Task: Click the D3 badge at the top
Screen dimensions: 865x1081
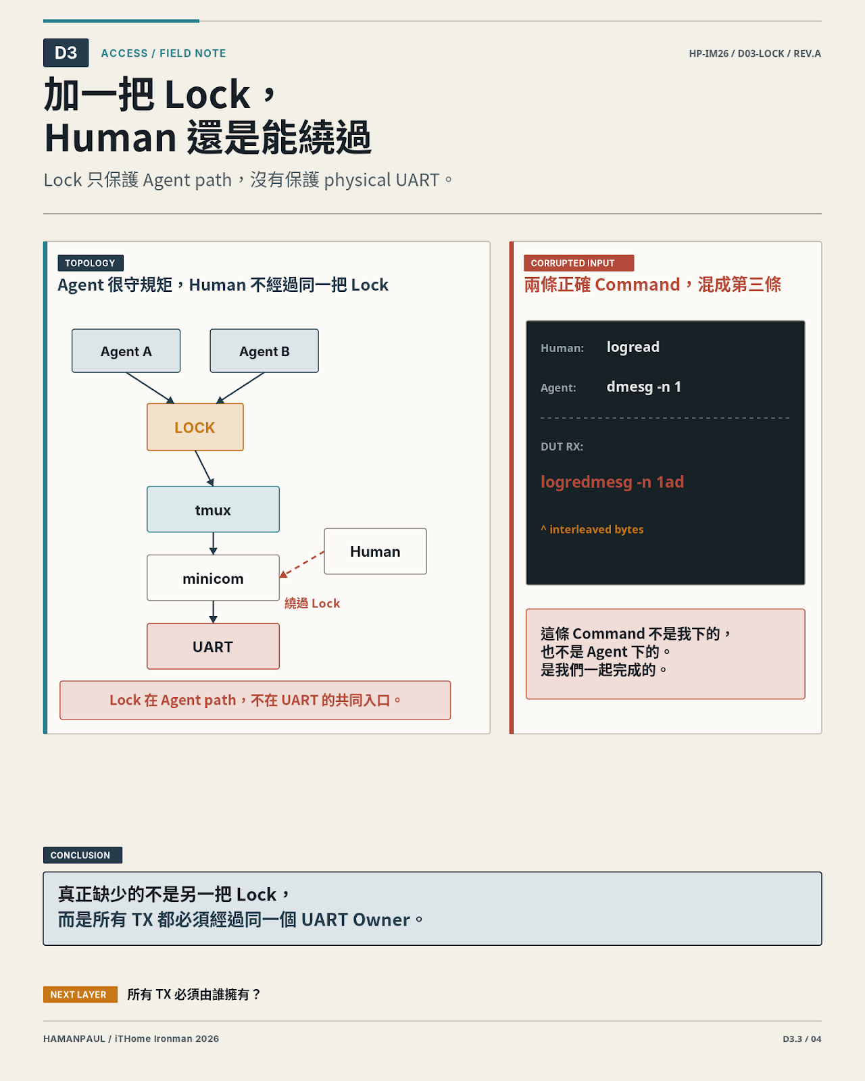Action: coord(66,53)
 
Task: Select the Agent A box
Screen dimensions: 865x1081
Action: coord(126,351)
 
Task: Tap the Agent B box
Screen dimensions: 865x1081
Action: coord(264,351)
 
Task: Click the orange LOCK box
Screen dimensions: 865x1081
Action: coord(195,427)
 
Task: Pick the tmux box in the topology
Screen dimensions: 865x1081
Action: coord(213,509)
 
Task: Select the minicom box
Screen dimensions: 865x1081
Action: coord(213,578)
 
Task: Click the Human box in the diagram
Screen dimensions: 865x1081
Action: coord(376,551)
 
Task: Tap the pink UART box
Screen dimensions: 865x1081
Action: coord(213,647)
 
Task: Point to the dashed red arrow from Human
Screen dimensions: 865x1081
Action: coord(302,564)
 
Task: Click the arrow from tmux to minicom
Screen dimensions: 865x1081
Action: coord(213,543)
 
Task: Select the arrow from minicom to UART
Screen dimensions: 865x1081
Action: coord(213,612)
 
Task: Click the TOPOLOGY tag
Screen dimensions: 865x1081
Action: coord(91,263)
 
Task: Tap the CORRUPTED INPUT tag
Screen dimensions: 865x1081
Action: coord(578,263)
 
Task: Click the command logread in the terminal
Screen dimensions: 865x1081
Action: coord(633,347)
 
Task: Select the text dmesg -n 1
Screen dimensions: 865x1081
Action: coord(643,386)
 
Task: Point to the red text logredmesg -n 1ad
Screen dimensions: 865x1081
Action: coord(612,482)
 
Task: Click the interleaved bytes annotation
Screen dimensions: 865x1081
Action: coord(592,530)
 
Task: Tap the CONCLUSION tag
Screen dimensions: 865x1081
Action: coord(82,855)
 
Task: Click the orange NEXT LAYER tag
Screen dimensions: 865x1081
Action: coord(80,995)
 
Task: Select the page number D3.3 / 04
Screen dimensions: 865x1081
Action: coord(801,1039)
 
